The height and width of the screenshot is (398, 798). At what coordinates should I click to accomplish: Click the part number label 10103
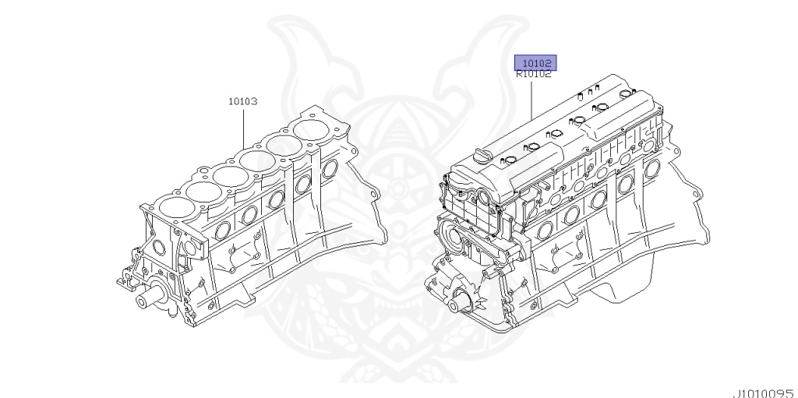pyautogui.click(x=242, y=101)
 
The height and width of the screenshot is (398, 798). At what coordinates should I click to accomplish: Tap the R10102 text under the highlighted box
pyautogui.click(x=535, y=75)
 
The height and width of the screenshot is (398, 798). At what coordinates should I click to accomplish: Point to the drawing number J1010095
pyautogui.click(x=762, y=393)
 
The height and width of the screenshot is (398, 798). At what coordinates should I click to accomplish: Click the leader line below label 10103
pyautogui.click(x=242, y=129)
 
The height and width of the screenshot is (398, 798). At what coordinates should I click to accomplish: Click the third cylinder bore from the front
pyautogui.click(x=233, y=173)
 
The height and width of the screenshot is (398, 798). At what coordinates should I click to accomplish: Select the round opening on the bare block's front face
pyautogui.click(x=159, y=248)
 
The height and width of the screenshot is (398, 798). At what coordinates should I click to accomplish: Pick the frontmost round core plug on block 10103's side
pyautogui.click(x=224, y=229)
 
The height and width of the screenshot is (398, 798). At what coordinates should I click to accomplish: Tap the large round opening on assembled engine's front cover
pyautogui.click(x=451, y=233)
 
